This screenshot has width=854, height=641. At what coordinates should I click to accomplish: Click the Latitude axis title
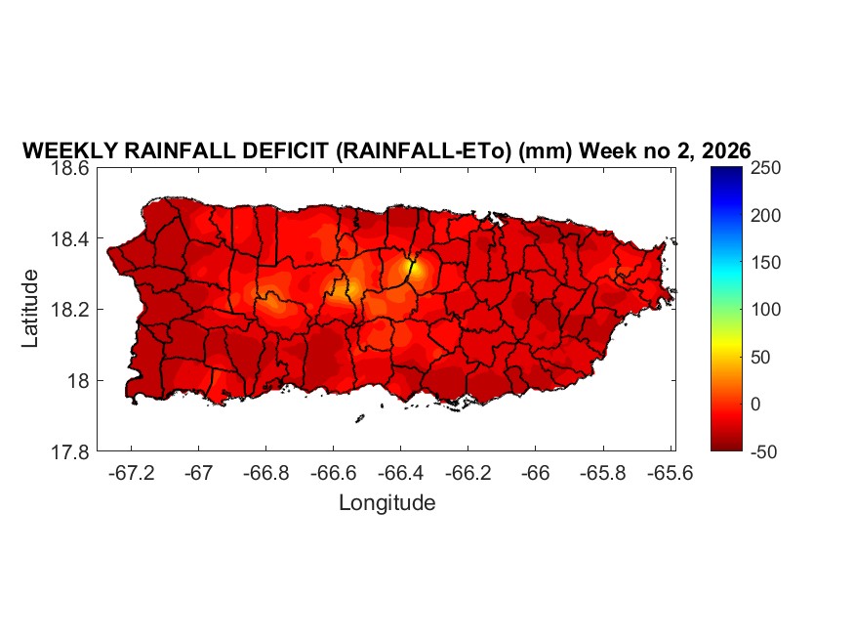tap(31, 308)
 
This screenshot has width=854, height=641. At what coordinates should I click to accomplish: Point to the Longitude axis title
tap(386, 503)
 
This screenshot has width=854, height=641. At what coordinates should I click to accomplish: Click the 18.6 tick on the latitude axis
tap(71, 168)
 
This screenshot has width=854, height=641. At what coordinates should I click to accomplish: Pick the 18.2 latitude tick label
tap(71, 310)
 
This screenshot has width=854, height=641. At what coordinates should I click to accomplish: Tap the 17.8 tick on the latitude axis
tap(71, 451)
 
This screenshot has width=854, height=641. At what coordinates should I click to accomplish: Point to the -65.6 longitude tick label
tap(670, 472)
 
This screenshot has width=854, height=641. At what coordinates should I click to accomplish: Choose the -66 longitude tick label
tap(535, 472)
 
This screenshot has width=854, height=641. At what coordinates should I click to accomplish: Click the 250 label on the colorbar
tap(766, 168)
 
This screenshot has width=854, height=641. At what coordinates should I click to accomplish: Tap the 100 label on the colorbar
tap(766, 310)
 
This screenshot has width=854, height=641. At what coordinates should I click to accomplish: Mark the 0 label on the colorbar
tap(757, 404)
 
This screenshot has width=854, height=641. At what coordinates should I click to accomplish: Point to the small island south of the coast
tap(359, 419)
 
